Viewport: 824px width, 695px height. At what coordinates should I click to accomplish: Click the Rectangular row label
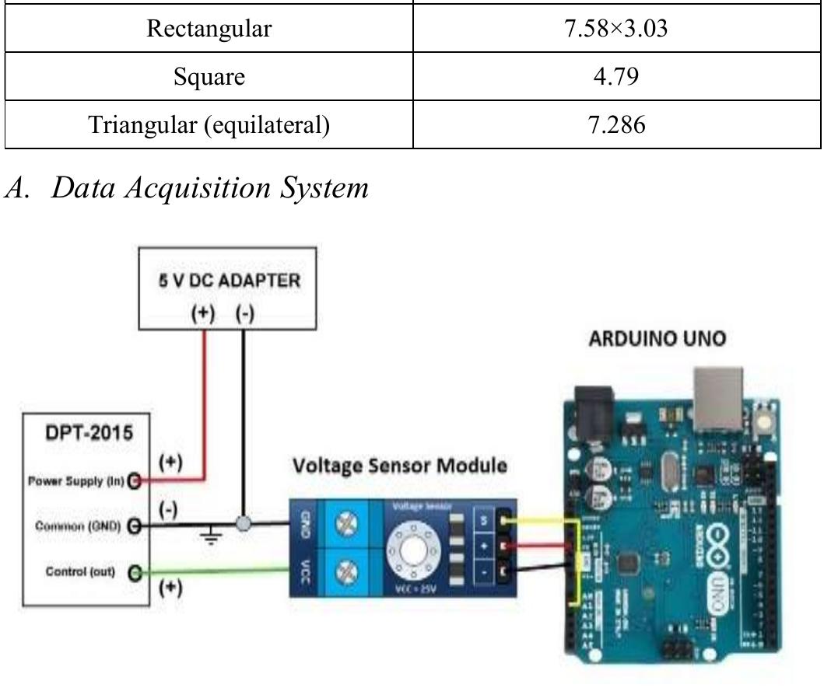(x=209, y=30)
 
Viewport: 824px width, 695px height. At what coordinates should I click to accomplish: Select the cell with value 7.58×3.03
(x=616, y=30)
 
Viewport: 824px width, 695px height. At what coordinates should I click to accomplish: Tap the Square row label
(x=209, y=77)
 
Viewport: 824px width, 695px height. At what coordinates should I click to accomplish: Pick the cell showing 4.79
(x=616, y=77)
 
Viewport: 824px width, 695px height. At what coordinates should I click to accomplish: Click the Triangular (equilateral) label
(x=209, y=124)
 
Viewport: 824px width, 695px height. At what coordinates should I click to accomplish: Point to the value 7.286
(x=616, y=124)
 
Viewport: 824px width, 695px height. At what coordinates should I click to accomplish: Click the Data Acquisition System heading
(x=187, y=187)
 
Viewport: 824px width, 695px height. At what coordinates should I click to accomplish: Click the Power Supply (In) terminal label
(x=76, y=481)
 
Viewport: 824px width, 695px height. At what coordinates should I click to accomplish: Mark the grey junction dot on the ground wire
(x=244, y=525)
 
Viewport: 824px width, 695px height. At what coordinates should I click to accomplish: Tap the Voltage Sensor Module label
(x=400, y=466)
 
